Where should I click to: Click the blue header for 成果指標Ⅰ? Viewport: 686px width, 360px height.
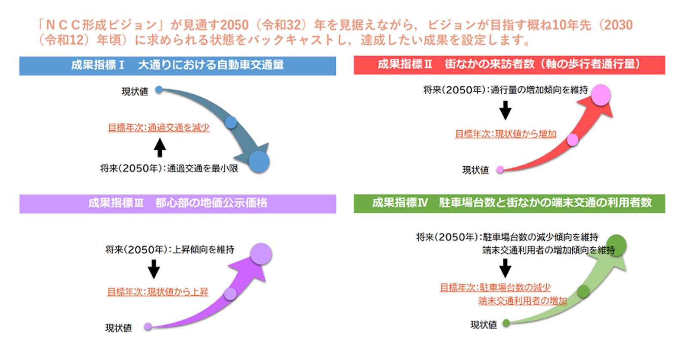(178, 66)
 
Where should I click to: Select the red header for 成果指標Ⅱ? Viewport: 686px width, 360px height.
(509, 65)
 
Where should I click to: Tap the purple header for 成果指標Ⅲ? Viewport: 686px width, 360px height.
(178, 204)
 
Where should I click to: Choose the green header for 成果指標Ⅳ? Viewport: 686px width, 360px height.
(509, 203)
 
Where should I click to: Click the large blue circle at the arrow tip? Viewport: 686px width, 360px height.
(259, 162)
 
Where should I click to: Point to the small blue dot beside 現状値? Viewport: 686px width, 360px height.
(159, 90)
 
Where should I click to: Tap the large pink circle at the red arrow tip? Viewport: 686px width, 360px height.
(601, 95)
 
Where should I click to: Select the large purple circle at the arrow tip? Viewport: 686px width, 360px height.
(261, 254)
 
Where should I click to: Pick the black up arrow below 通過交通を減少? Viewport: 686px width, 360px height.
(159, 147)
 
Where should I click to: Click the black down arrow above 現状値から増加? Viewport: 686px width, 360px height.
(505, 110)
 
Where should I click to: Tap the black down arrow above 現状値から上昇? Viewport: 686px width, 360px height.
(154, 269)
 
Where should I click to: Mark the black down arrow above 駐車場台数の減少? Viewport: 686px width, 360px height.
(505, 268)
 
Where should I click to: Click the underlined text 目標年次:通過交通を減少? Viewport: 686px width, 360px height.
(159, 128)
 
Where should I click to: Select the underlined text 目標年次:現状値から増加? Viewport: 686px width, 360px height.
(505, 134)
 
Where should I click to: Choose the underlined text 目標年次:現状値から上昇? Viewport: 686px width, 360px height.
(158, 292)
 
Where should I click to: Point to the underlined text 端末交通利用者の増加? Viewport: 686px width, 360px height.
(523, 301)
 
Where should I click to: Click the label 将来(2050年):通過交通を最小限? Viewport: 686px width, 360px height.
(169, 168)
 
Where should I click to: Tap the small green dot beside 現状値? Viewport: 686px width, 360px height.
(506, 323)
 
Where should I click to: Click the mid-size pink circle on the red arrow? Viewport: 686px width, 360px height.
(572, 140)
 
